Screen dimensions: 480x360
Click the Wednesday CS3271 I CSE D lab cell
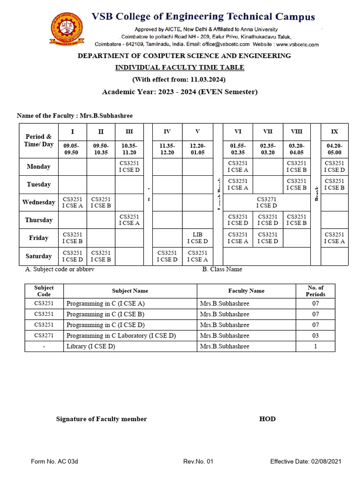point(266,202)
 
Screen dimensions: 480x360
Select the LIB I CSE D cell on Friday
point(197,238)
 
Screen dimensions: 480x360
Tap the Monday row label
point(38,166)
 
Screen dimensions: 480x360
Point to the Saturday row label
point(38,256)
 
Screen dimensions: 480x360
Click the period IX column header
point(334,132)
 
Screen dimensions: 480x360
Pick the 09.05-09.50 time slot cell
point(72,149)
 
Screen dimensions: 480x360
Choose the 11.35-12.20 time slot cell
point(167,149)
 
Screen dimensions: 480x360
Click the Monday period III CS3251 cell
point(129,166)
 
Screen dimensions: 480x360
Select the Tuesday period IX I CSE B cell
point(334,184)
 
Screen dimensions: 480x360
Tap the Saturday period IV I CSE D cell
point(167,256)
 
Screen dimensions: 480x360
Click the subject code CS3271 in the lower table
point(44,336)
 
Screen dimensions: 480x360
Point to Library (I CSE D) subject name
point(91,346)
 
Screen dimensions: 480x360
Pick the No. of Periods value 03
point(315,336)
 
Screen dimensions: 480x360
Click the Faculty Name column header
point(246,291)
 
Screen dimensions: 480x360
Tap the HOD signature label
point(267,419)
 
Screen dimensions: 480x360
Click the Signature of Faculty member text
point(101,419)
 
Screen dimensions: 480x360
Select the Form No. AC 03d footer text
point(54,462)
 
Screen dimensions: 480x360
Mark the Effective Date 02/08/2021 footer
point(306,462)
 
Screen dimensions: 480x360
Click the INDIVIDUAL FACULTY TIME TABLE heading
point(180,67)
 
